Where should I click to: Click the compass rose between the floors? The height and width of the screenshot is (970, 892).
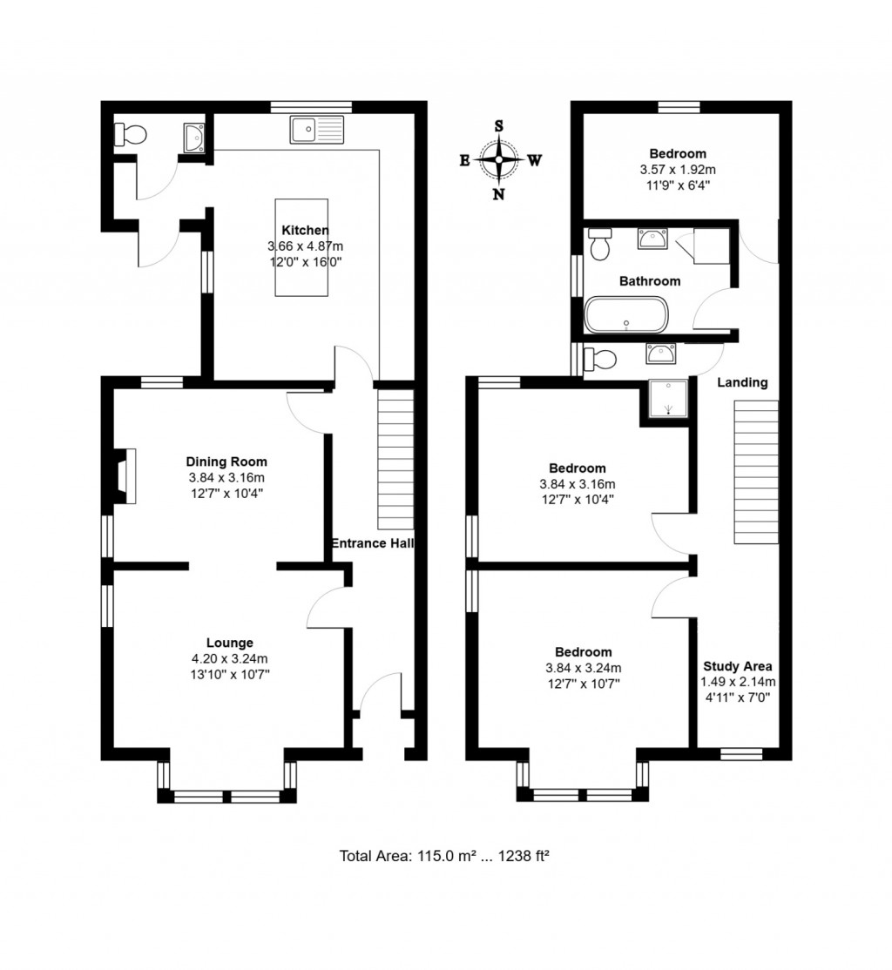[x=499, y=160]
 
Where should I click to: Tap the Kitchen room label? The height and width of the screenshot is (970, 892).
[x=305, y=231]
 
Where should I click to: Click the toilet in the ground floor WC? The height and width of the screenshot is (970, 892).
[x=132, y=135]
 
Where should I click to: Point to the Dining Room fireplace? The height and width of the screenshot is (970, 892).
[x=123, y=476]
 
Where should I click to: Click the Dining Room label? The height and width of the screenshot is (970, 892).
[x=226, y=461]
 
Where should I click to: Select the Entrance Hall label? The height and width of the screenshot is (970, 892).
[x=372, y=543]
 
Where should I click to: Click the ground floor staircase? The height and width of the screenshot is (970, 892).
[x=395, y=459]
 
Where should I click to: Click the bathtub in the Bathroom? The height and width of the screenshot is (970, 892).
[x=626, y=314]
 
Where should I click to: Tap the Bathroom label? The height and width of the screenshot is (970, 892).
[x=650, y=281]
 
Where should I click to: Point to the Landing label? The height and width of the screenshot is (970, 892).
[x=742, y=381]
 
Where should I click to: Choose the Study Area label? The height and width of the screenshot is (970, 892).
[x=738, y=667]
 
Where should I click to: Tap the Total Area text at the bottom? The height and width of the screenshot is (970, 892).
[x=443, y=856]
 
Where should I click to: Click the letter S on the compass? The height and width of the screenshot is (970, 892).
[x=499, y=125]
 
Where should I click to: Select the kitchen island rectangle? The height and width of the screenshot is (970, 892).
[x=302, y=248]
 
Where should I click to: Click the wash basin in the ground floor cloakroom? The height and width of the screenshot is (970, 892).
[x=193, y=138]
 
